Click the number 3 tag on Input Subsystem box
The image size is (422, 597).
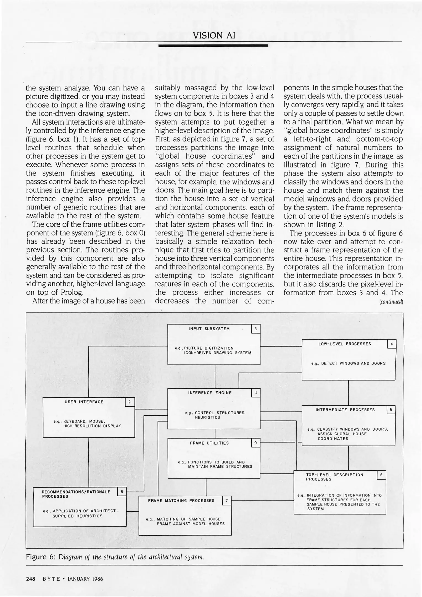click(255, 329)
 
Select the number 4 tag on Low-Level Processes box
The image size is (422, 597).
click(392, 344)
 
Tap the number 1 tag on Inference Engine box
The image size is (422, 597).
click(256, 393)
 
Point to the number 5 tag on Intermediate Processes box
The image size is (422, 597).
click(391, 410)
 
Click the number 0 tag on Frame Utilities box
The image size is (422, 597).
click(255, 443)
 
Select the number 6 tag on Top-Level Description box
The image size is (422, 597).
click(381, 475)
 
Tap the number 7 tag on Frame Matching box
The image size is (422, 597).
click(226, 501)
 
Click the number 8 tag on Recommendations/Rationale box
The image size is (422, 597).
click(122, 492)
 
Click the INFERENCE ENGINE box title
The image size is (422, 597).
click(210, 393)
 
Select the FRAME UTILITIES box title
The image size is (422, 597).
click(209, 443)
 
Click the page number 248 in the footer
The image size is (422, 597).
click(30, 579)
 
